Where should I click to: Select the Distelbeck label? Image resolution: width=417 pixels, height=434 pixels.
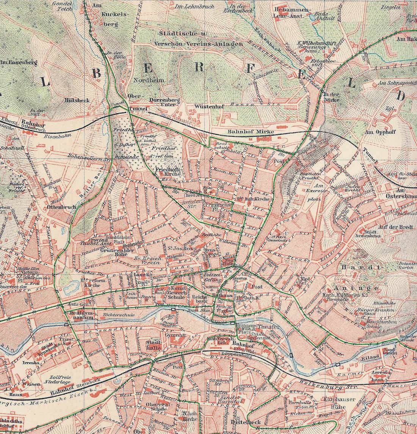point(243,422)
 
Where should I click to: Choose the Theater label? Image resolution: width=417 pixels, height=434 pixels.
point(268,326)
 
